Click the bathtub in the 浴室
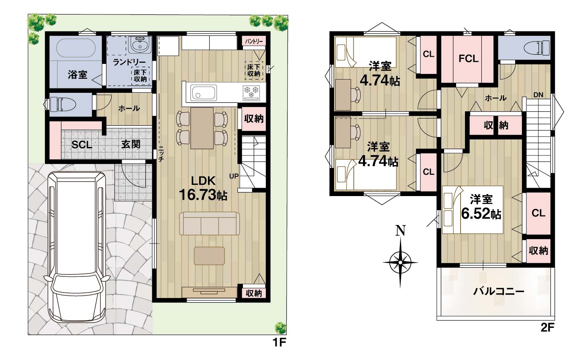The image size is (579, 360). coord(76,48)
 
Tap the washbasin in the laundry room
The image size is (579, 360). coord(140,45)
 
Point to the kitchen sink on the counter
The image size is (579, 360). coord(204,92)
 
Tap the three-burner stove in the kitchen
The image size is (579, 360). coord(251,93)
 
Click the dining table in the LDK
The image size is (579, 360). coord(202,128)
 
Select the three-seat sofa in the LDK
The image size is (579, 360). coord(209,223)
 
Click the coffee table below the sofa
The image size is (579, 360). coord(209,256)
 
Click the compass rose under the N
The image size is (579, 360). coord(400,262)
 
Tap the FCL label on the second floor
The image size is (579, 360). coord(468,59)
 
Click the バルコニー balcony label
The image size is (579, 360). coord(499,292)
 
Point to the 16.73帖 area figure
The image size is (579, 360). coord(203,195)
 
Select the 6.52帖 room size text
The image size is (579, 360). coord(481,214)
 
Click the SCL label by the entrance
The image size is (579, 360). coord(82,145)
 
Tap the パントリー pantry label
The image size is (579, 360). coord(254,41)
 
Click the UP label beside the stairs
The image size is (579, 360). coord(234,176)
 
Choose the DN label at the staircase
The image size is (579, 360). coord(538,95)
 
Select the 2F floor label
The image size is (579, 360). coord(547,328)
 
